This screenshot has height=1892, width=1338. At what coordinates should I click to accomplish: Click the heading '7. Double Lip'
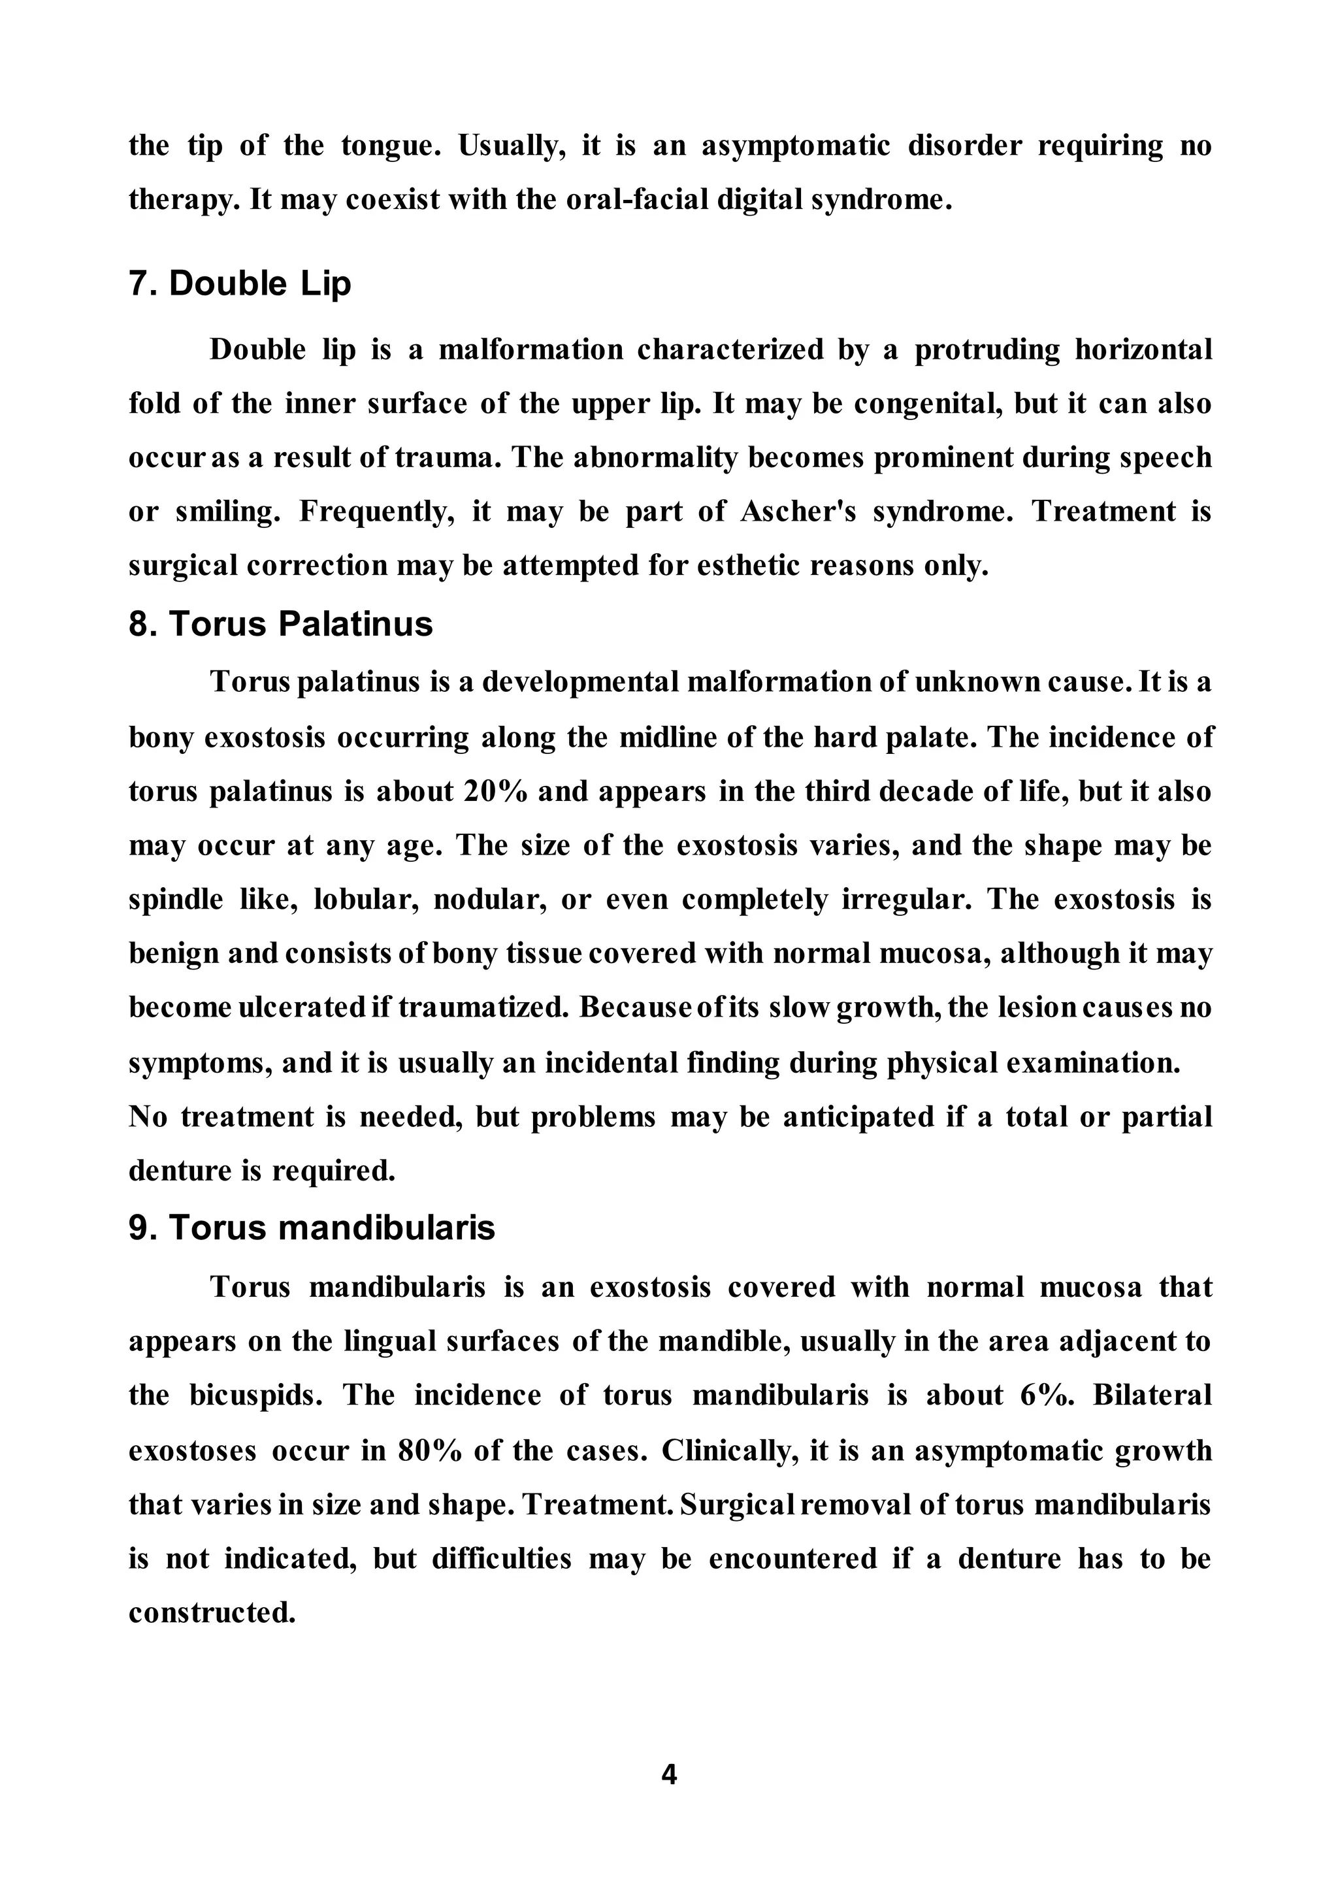pyautogui.click(x=240, y=284)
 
